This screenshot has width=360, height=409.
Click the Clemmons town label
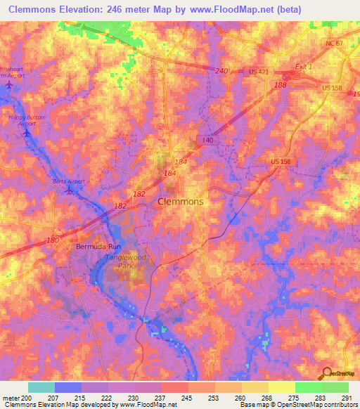pyautogui.click(x=179, y=202)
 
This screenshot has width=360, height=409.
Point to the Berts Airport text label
pyautogui.click(x=68, y=181)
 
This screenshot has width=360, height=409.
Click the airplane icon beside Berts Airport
pyautogui.click(x=69, y=190)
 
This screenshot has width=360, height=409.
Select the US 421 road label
pyautogui.click(x=259, y=72)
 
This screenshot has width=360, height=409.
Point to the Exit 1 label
pyautogui.click(x=302, y=65)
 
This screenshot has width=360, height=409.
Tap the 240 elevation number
pyautogui.click(x=222, y=71)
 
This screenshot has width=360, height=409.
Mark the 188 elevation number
pyautogui.click(x=281, y=85)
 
